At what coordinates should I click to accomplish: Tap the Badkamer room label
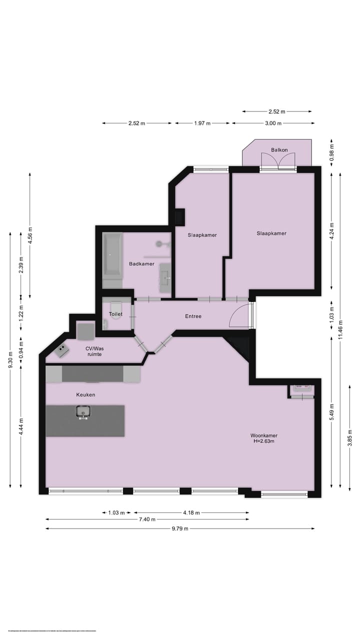coord(141,264)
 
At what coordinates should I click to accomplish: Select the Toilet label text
coord(115,314)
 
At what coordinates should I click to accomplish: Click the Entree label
coord(193,316)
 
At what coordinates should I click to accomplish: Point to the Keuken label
coord(85,395)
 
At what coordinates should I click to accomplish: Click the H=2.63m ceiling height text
coord(263,441)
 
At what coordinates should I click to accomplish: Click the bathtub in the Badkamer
coord(112,255)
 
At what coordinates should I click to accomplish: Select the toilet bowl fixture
coord(115,306)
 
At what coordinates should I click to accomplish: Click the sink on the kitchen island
coord(83,412)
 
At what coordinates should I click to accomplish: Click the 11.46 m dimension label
coord(340,329)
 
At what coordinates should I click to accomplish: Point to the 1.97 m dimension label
coord(201,123)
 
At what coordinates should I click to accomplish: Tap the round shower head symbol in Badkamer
coord(159,243)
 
